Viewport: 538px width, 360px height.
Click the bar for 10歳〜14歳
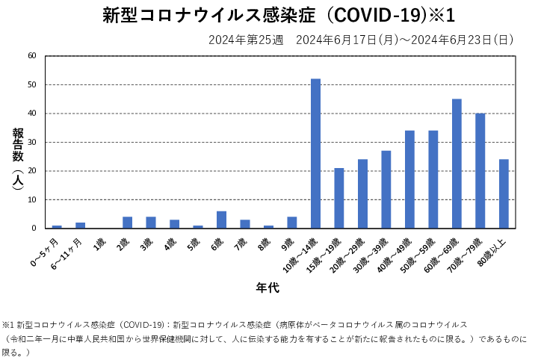pos(315,153)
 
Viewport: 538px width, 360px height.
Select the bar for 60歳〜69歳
pos(457,164)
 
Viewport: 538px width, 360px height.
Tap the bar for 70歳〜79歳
pos(480,170)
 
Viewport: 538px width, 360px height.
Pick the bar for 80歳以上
pos(504,193)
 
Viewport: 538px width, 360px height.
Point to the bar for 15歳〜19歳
pos(339,198)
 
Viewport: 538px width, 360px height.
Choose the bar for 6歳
pos(221,220)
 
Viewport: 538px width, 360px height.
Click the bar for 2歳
pos(127,223)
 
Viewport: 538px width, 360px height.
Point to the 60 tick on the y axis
pos(31,56)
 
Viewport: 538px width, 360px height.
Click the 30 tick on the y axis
pos(31,142)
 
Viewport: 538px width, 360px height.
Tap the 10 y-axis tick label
pos(31,199)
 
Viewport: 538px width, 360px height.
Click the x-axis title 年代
pos(268,287)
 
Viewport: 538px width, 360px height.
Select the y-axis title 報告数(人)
pos(19,161)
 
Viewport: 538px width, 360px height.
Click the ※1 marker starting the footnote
pos(8,325)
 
